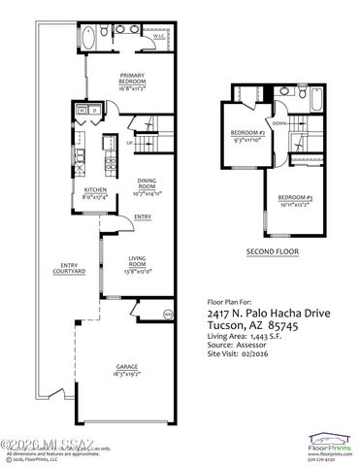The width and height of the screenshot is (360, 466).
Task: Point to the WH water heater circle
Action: coord(167,314)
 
